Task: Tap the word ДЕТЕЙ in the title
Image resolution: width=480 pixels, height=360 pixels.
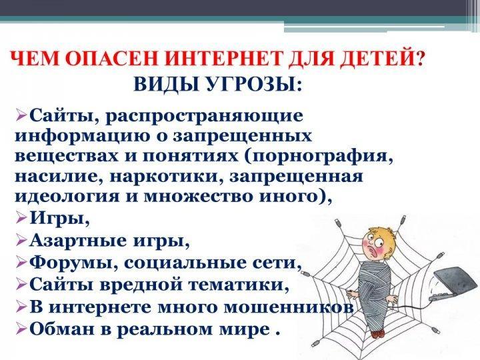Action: click(379, 58)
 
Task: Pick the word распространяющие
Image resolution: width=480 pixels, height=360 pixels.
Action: click(204, 117)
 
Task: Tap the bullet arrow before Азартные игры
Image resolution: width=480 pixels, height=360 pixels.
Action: click(21, 241)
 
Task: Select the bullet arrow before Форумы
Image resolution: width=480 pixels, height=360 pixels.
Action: click(21, 263)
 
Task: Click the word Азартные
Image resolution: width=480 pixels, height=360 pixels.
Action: click(79, 241)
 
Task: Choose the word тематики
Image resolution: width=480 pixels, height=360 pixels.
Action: click(237, 285)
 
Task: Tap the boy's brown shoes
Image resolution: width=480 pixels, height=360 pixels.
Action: click(378, 333)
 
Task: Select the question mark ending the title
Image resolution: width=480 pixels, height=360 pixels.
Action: click(420, 57)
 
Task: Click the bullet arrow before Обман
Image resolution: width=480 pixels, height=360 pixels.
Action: click(21, 329)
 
